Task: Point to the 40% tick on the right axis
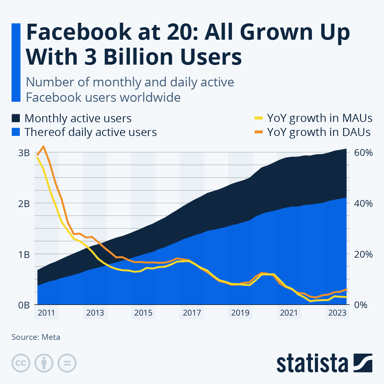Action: (x=363, y=204)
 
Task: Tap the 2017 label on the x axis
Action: (x=192, y=313)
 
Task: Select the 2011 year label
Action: (x=46, y=313)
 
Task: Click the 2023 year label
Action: (x=337, y=313)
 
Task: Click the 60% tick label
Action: (x=363, y=153)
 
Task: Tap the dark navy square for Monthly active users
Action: (x=16, y=118)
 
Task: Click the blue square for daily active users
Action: (x=16, y=132)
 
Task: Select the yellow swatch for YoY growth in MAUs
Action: (x=258, y=118)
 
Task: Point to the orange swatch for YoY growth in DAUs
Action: (x=258, y=132)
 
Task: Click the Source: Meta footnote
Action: (x=36, y=337)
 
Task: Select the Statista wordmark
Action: (x=312, y=363)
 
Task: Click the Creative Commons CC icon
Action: (x=21, y=363)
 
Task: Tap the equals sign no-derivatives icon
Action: (x=67, y=363)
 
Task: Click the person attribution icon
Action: (x=44, y=363)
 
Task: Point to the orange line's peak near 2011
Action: (x=44, y=146)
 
